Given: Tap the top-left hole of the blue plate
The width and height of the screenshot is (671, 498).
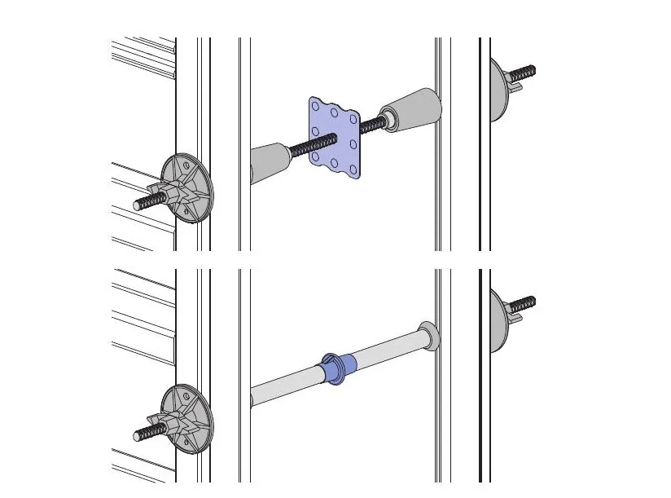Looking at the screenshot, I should pyautogui.click(x=318, y=104).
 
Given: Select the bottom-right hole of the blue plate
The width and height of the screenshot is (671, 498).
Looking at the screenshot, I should pyautogui.click(x=354, y=168).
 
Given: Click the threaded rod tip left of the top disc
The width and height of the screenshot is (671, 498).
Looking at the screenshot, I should pyautogui.click(x=146, y=201).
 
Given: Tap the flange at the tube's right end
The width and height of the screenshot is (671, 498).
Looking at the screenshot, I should pyautogui.click(x=429, y=337).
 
